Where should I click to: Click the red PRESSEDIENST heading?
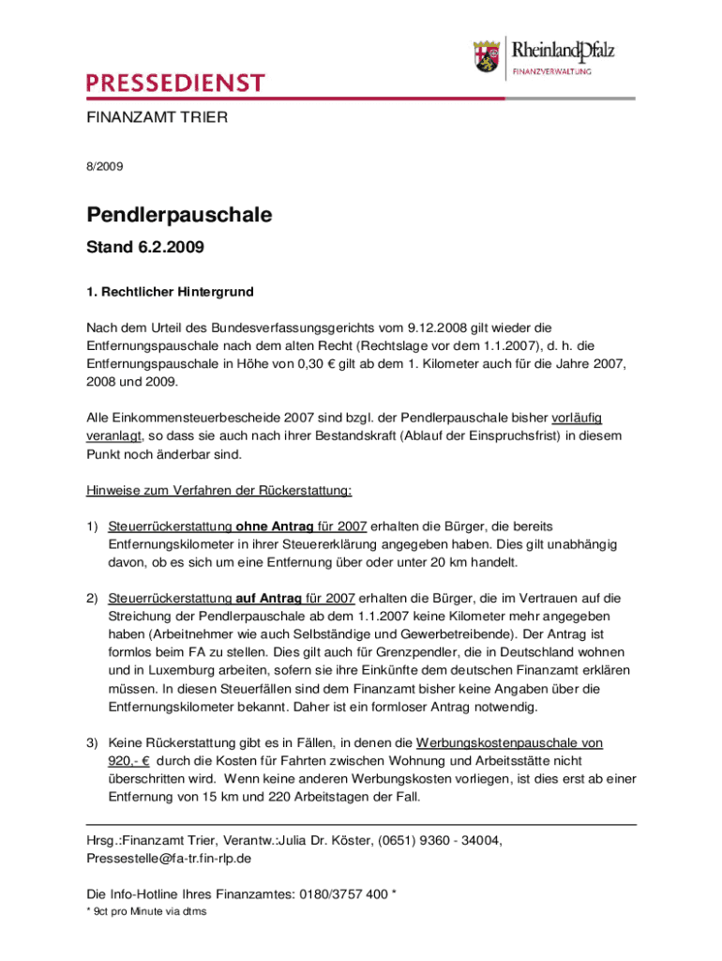point(175,84)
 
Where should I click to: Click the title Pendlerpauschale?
point(179,215)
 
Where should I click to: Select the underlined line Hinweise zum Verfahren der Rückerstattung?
point(219,490)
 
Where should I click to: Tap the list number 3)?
point(93,742)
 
